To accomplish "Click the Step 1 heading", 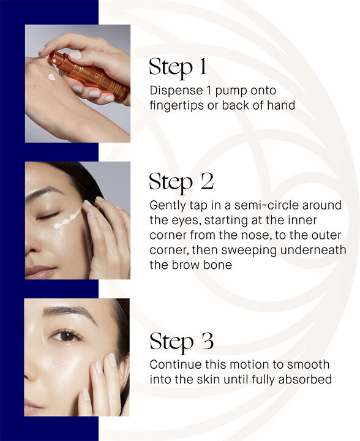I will point(179,68).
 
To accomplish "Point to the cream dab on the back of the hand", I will point(51,77).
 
